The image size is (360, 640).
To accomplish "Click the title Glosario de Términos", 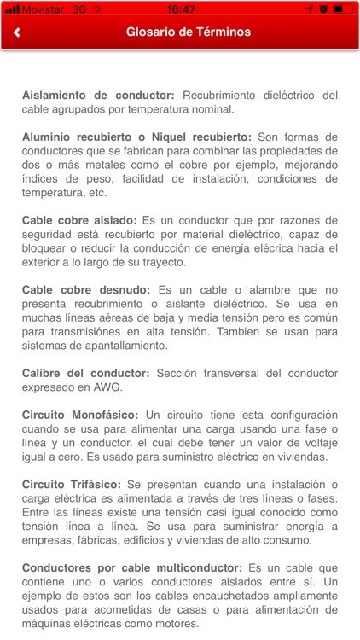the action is (x=189, y=32).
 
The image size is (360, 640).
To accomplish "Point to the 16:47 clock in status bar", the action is (x=181, y=9).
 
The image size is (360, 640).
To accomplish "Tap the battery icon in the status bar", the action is (x=344, y=9).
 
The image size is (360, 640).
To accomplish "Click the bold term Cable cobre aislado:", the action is (x=79, y=219).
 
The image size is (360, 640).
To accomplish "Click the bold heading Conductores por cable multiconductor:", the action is (x=133, y=567).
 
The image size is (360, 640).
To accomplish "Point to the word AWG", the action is (x=108, y=386).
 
